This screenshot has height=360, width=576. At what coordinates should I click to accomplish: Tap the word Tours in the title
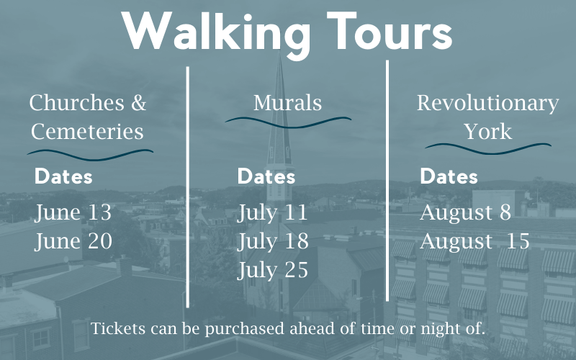390,31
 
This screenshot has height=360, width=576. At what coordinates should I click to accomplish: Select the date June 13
73,213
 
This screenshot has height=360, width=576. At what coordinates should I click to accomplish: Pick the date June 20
73,242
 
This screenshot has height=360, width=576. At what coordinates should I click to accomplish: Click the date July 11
272,213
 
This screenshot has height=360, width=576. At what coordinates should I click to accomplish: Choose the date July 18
273,242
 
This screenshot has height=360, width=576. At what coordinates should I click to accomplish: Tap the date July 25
273,271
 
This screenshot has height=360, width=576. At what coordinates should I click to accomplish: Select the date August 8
465,212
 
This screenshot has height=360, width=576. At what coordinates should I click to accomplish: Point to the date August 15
474,242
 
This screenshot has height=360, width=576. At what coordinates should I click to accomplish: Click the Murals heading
287,102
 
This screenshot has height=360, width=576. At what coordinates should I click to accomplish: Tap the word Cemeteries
87,132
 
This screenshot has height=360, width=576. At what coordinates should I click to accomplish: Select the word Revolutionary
488,103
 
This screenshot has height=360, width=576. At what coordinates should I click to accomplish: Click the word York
488,132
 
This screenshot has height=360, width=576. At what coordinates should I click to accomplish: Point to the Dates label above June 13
63,176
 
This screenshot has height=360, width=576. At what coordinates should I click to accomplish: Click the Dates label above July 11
266,176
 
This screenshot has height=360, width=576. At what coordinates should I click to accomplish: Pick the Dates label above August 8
449,176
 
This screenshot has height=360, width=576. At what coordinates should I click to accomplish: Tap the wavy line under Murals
288,122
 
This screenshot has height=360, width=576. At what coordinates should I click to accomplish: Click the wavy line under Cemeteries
91,155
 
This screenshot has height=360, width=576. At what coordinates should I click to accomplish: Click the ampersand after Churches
139,103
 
